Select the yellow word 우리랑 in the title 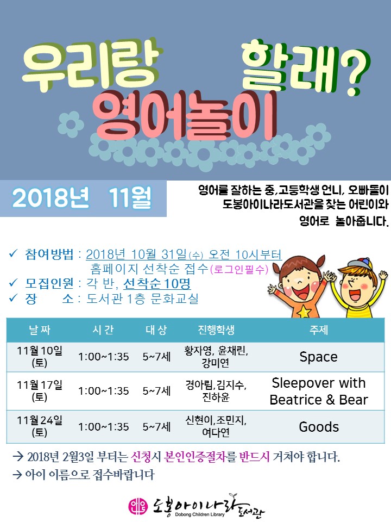(x=92, y=66)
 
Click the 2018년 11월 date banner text (x=82, y=198)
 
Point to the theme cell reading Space (x=319, y=357)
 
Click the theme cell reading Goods (x=319, y=426)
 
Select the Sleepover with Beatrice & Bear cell (x=319, y=391)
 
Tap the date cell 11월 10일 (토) (x=39, y=357)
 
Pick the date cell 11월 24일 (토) (x=39, y=426)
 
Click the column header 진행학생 (x=216, y=330)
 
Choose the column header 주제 (x=319, y=330)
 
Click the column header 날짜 (x=40, y=330)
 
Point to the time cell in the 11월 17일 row (x=103, y=391)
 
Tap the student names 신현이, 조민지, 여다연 (x=216, y=426)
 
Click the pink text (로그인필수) (x=239, y=269)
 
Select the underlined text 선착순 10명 (x=157, y=284)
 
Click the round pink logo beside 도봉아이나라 (x=137, y=507)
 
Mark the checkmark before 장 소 (x=12, y=298)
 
